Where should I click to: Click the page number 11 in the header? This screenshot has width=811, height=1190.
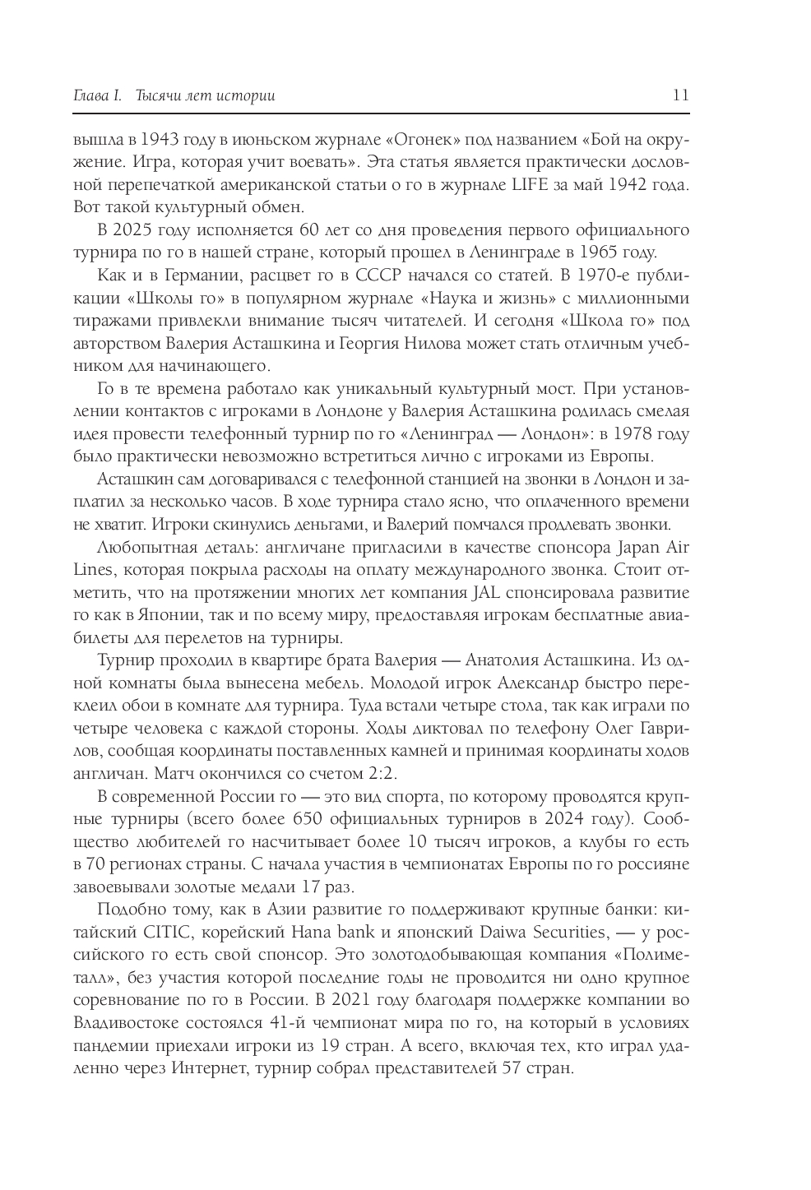coord(680,95)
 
